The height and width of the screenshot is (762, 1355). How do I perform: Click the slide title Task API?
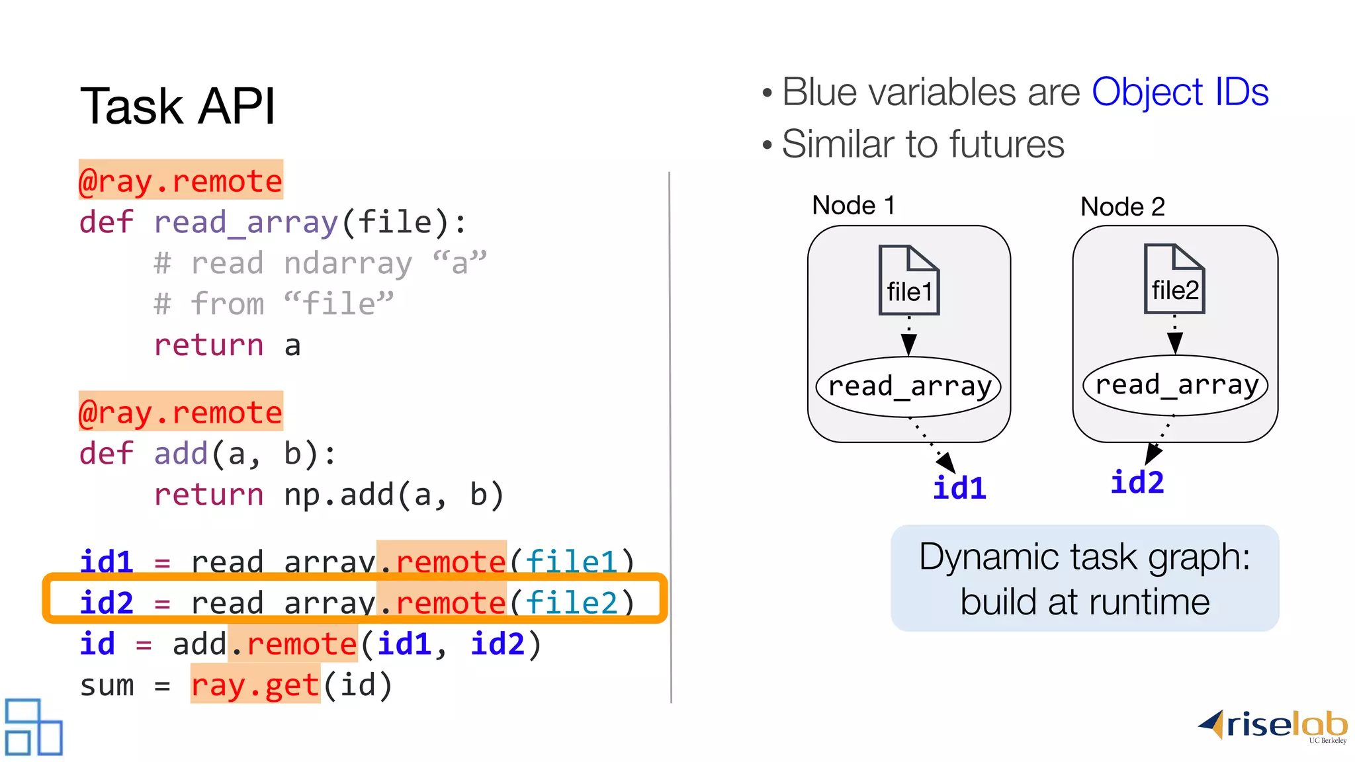(177, 106)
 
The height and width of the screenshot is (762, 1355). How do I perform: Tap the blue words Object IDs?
(1180, 92)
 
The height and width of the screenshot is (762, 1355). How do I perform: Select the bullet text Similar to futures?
(922, 144)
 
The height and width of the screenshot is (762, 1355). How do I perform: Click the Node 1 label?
(853, 206)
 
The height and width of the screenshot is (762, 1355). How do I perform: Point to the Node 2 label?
(1122, 207)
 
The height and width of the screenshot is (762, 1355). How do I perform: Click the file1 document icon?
(909, 280)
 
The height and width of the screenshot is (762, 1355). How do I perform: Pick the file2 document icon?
(1174, 279)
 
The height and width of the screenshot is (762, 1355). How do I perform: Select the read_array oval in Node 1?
(909, 386)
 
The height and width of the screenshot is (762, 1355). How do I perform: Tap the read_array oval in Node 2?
(1176, 385)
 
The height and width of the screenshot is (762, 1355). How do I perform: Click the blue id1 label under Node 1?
(959, 488)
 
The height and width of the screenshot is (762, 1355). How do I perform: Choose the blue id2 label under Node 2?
(1137, 482)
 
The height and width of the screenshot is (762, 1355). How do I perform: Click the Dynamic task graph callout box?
(1084, 578)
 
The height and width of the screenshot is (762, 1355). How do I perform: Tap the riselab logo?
(1273, 726)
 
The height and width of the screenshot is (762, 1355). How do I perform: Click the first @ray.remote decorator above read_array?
(181, 180)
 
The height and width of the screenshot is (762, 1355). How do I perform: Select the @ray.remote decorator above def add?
(181, 411)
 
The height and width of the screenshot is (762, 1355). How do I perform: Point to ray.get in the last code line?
(255, 685)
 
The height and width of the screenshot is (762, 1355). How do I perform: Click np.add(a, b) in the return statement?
(394, 495)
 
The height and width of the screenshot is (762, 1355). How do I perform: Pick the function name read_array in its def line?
(246, 222)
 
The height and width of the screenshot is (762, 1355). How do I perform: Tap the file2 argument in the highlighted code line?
(572, 603)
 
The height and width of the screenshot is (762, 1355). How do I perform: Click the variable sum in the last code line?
(107, 685)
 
